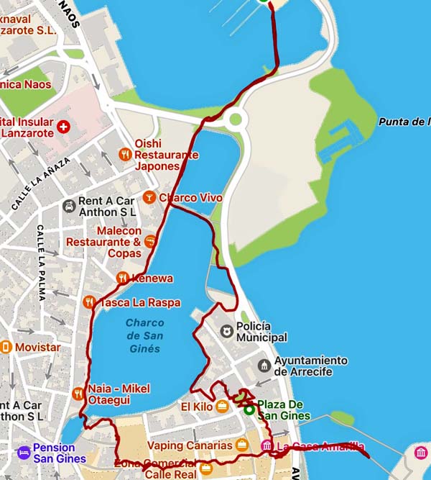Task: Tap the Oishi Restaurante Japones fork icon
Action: tap(125, 154)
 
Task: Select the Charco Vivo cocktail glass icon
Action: tap(149, 196)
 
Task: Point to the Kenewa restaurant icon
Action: tap(122, 278)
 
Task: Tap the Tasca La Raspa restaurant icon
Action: tap(89, 302)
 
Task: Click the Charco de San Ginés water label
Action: tap(144, 335)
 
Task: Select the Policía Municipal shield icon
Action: tap(227, 330)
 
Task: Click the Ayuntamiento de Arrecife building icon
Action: tap(264, 366)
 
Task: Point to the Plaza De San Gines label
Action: tap(284, 410)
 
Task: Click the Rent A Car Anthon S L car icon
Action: tap(68, 206)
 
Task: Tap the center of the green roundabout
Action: tap(235, 119)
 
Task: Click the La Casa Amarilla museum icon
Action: tap(267, 447)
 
